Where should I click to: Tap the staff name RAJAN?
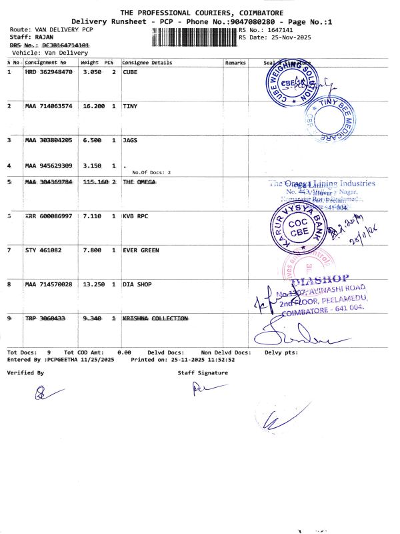(x=44, y=37)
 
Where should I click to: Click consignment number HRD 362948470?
(x=49, y=71)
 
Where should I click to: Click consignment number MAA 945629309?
(x=49, y=165)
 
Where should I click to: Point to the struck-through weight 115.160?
(x=93, y=182)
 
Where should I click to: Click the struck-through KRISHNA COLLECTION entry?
(x=155, y=318)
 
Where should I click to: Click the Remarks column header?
(x=235, y=63)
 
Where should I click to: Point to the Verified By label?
(x=25, y=372)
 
